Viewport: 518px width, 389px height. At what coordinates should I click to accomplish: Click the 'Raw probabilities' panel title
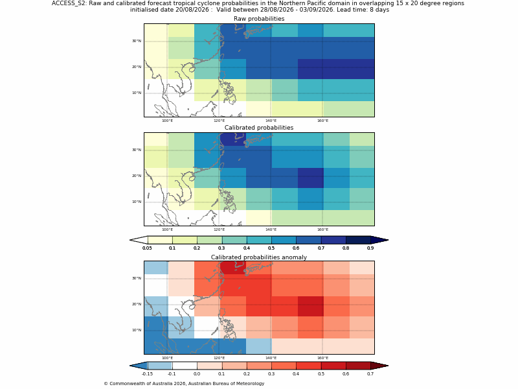pyautogui.click(x=259, y=19)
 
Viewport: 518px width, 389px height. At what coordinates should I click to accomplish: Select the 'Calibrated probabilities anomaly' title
pyautogui.click(x=259, y=257)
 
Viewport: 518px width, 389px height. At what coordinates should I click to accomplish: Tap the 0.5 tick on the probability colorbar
pyautogui.click(x=271, y=248)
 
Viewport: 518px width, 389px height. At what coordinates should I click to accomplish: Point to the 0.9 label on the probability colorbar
pyautogui.click(x=370, y=248)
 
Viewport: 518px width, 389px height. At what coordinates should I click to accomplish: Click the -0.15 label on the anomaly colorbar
pyautogui.click(x=147, y=374)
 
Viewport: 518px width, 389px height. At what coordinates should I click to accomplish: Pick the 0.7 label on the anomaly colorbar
pyautogui.click(x=370, y=374)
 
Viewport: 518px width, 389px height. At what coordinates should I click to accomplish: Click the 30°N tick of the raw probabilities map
pyautogui.click(x=137, y=41)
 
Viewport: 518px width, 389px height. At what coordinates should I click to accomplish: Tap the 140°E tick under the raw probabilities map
pyautogui.click(x=271, y=121)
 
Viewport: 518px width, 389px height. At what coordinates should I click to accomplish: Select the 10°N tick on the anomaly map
pyautogui.click(x=137, y=330)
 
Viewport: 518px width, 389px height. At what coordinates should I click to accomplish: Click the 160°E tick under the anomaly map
pyautogui.click(x=322, y=358)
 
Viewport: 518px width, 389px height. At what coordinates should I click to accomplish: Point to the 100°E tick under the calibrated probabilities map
pyautogui.click(x=168, y=230)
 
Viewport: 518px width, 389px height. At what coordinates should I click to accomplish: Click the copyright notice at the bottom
pyautogui.click(x=184, y=383)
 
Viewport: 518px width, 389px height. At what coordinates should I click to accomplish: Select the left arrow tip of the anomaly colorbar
pyautogui.click(x=130, y=366)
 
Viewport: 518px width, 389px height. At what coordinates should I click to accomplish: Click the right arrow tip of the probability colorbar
pyautogui.click(x=388, y=240)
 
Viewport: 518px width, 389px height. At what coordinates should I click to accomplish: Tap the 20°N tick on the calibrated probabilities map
pyautogui.click(x=137, y=176)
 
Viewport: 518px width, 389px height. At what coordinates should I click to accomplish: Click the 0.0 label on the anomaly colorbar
pyautogui.click(x=197, y=374)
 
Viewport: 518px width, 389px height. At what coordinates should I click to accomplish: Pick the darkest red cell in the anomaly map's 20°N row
pyautogui.click(x=311, y=306)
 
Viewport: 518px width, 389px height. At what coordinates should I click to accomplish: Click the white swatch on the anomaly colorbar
pyautogui.click(x=185, y=366)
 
